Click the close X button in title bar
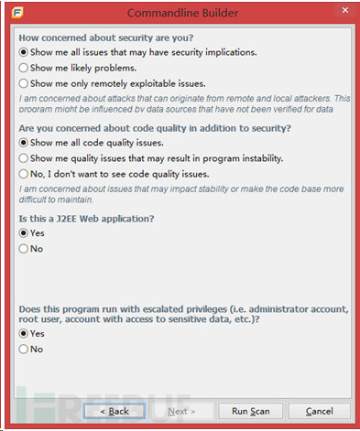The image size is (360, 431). (x=344, y=13)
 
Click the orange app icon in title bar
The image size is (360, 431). (x=17, y=13)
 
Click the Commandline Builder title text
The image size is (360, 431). (x=179, y=13)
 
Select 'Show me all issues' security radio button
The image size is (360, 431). (x=24, y=52)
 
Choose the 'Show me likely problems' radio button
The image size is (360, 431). (x=24, y=68)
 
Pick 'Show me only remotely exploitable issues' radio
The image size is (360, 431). (x=24, y=83)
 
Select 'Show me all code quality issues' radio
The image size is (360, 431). (x=24, y=143)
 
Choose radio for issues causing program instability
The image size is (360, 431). (x=24, y=158)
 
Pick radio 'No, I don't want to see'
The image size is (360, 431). (x=24, y=174)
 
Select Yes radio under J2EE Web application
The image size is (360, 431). (x=24, y=233)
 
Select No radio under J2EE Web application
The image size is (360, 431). (x=24, y=249)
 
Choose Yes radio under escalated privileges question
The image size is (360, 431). (x=24, y=334)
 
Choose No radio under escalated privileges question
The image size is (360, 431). (x=24, y=350)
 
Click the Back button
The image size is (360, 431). (x=114, y=411)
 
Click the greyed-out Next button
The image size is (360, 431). (x=181, y=411)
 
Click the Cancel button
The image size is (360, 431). (x=325, y=411)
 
